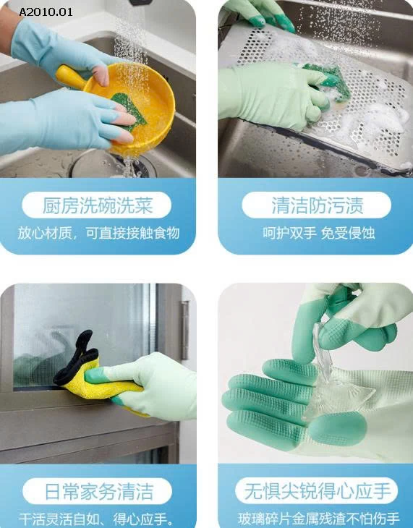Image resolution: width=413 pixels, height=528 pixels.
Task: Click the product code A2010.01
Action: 46,12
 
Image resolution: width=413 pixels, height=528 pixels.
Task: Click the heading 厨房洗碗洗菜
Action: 97,205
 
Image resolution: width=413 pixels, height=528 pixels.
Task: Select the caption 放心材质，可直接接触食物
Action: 98,234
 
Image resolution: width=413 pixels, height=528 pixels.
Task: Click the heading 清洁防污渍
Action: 317,205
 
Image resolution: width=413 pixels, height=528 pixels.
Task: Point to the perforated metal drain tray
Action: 362,116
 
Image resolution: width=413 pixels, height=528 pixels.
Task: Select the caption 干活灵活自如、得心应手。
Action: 97,519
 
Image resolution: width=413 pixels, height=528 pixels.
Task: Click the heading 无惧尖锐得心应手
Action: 317,493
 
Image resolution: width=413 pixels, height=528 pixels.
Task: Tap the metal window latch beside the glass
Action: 185,329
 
